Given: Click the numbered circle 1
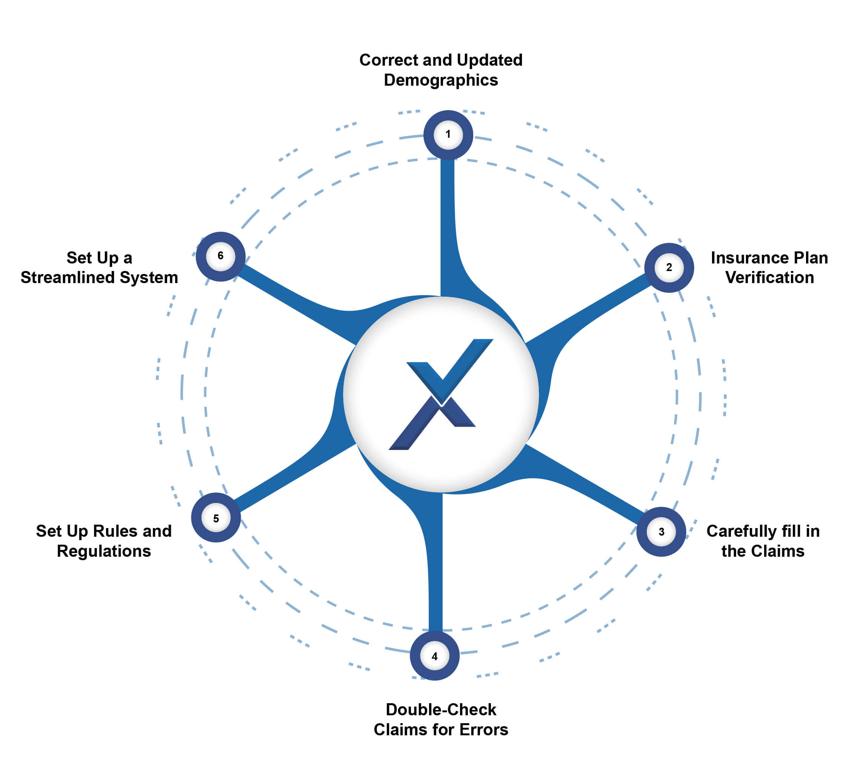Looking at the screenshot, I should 448,135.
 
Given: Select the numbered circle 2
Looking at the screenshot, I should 669,268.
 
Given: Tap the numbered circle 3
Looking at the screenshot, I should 661,531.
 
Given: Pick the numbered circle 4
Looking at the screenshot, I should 435,656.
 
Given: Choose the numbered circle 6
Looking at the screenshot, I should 220,256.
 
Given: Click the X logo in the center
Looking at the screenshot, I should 440,394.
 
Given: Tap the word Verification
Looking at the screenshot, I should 769,277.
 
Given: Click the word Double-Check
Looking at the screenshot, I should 441,710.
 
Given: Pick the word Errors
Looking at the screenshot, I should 483,730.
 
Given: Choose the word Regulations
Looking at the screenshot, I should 104,551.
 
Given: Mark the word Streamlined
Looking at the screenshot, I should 68,277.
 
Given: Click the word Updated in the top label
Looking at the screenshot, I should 489,60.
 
